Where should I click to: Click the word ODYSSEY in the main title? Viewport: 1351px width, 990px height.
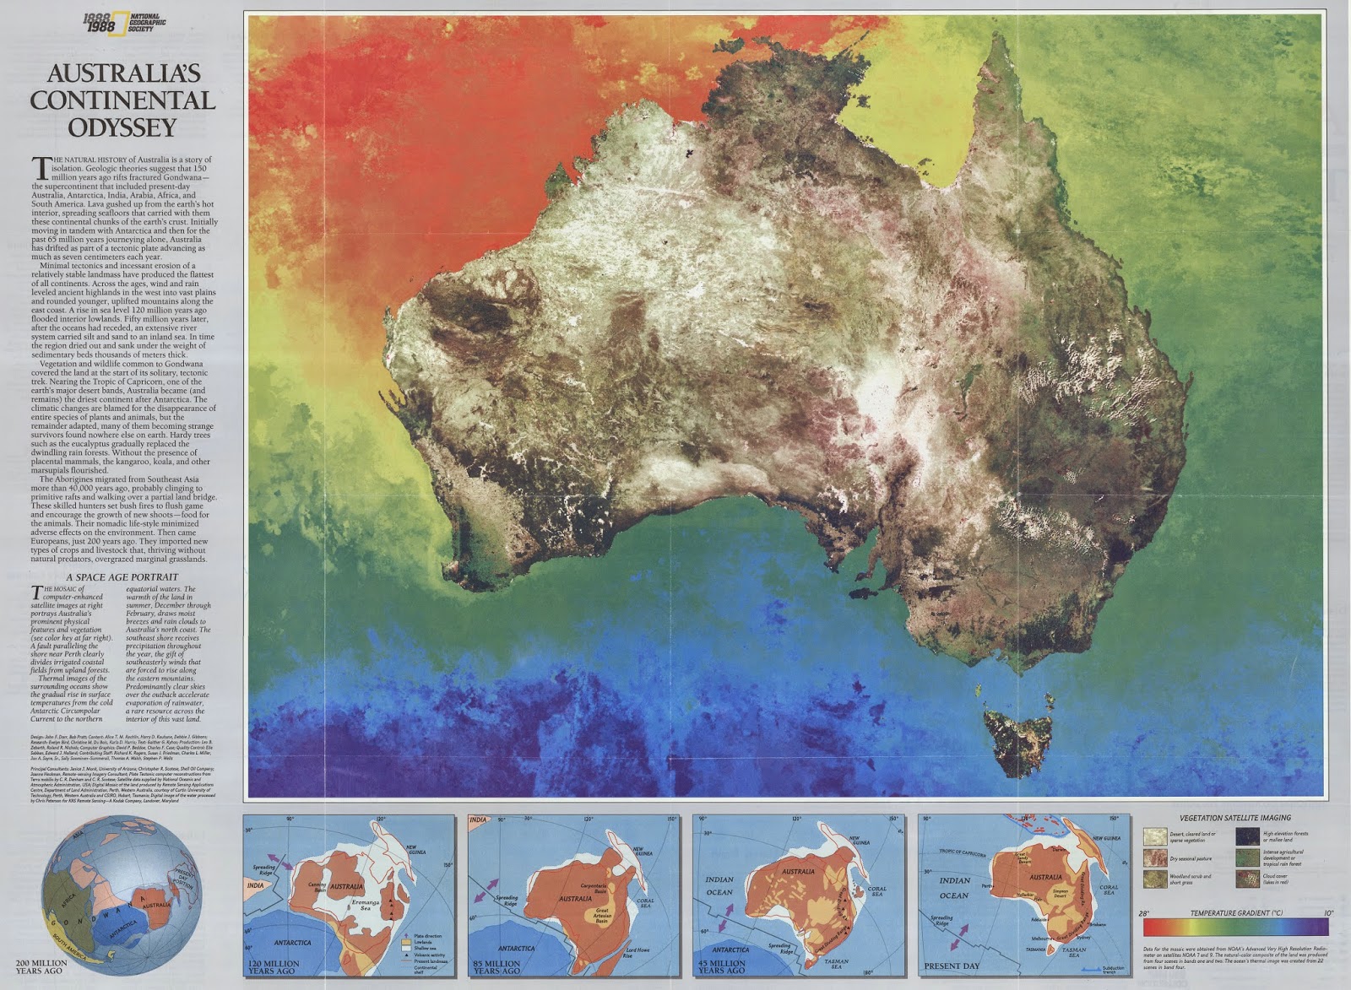tap(122, 127)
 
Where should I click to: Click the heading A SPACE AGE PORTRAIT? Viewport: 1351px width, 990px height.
tap(122, 577)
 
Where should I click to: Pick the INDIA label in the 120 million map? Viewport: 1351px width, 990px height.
tap(255, 886)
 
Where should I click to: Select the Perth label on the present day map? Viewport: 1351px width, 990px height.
tap(985, 885)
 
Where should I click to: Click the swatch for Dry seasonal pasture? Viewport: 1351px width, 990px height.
tap(1154, 857)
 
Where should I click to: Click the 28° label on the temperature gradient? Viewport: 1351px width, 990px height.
tap(1145, 914)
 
